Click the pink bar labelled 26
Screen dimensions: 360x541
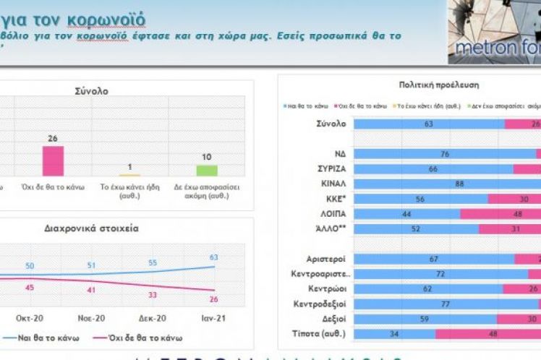point(53,160)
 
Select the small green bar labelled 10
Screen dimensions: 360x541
point(207,170)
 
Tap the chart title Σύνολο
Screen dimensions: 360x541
point(91,91)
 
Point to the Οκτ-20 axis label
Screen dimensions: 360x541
point(29,317)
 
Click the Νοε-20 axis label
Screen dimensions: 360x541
point(91,317)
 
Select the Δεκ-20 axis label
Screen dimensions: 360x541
point(153,317)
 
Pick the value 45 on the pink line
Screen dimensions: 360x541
point(30,288)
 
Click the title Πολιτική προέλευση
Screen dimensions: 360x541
point(427,85)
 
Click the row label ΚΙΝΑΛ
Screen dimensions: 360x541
point(333,184)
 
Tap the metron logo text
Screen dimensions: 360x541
point(494,50)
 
